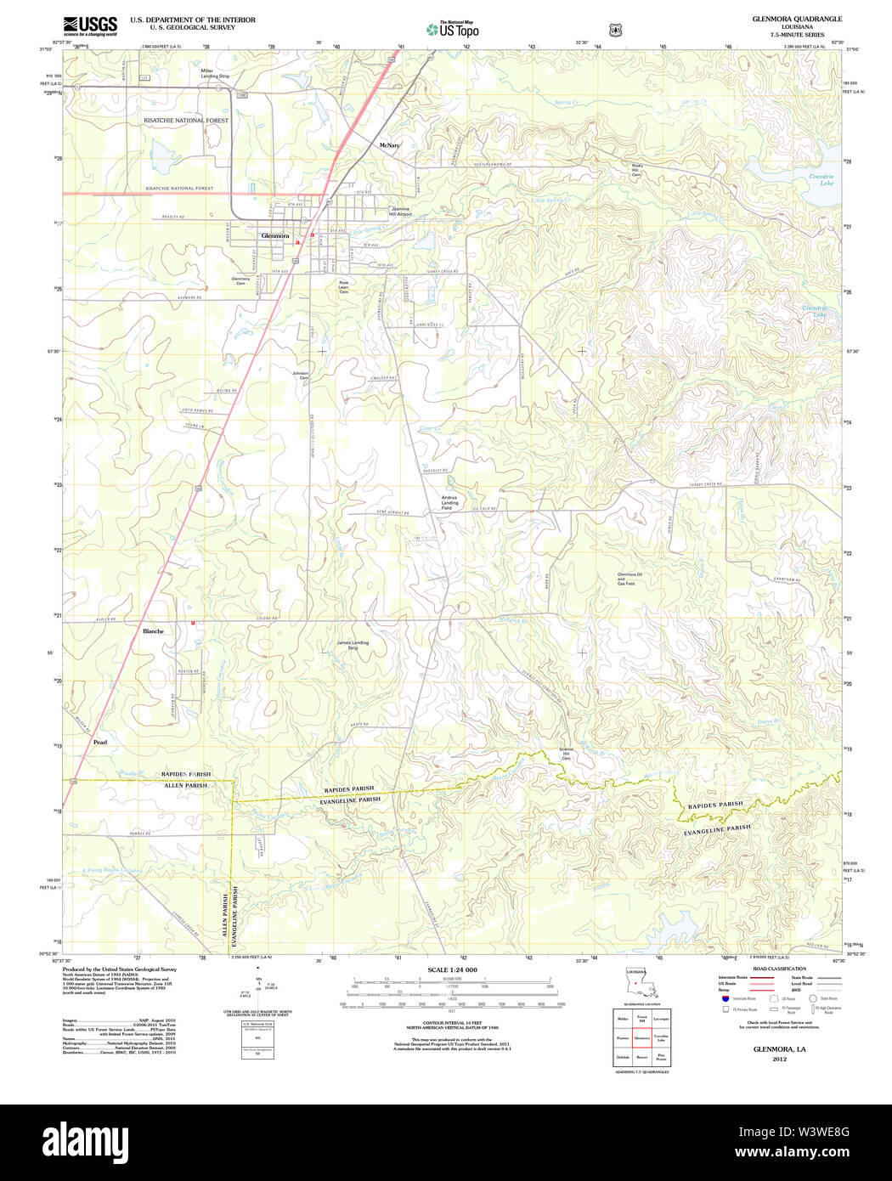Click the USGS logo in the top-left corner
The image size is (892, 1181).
(x=90, y=25)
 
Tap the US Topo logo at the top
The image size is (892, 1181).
(x=453, y=29)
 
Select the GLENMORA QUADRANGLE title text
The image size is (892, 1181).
(x=797, y=19)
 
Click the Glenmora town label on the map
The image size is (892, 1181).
(x=275, y=235)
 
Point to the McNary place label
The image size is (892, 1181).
(x=389, y=145)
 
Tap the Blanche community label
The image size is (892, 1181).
(x=153, y=631)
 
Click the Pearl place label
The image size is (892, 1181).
(x=100, y=743)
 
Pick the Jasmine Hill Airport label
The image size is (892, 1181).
(x=400, y=212)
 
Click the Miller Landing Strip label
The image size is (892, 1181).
(x=215, y=73)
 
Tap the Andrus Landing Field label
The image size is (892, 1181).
(x=449, y=502)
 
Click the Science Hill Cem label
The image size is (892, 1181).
(x=566, y=754)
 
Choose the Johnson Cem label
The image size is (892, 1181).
(x=301, y=375)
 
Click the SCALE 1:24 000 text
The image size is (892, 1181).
(x=452, y=969)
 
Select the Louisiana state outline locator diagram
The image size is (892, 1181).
(x=636, y=985)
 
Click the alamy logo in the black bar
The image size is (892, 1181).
(x=85, y=1142)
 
